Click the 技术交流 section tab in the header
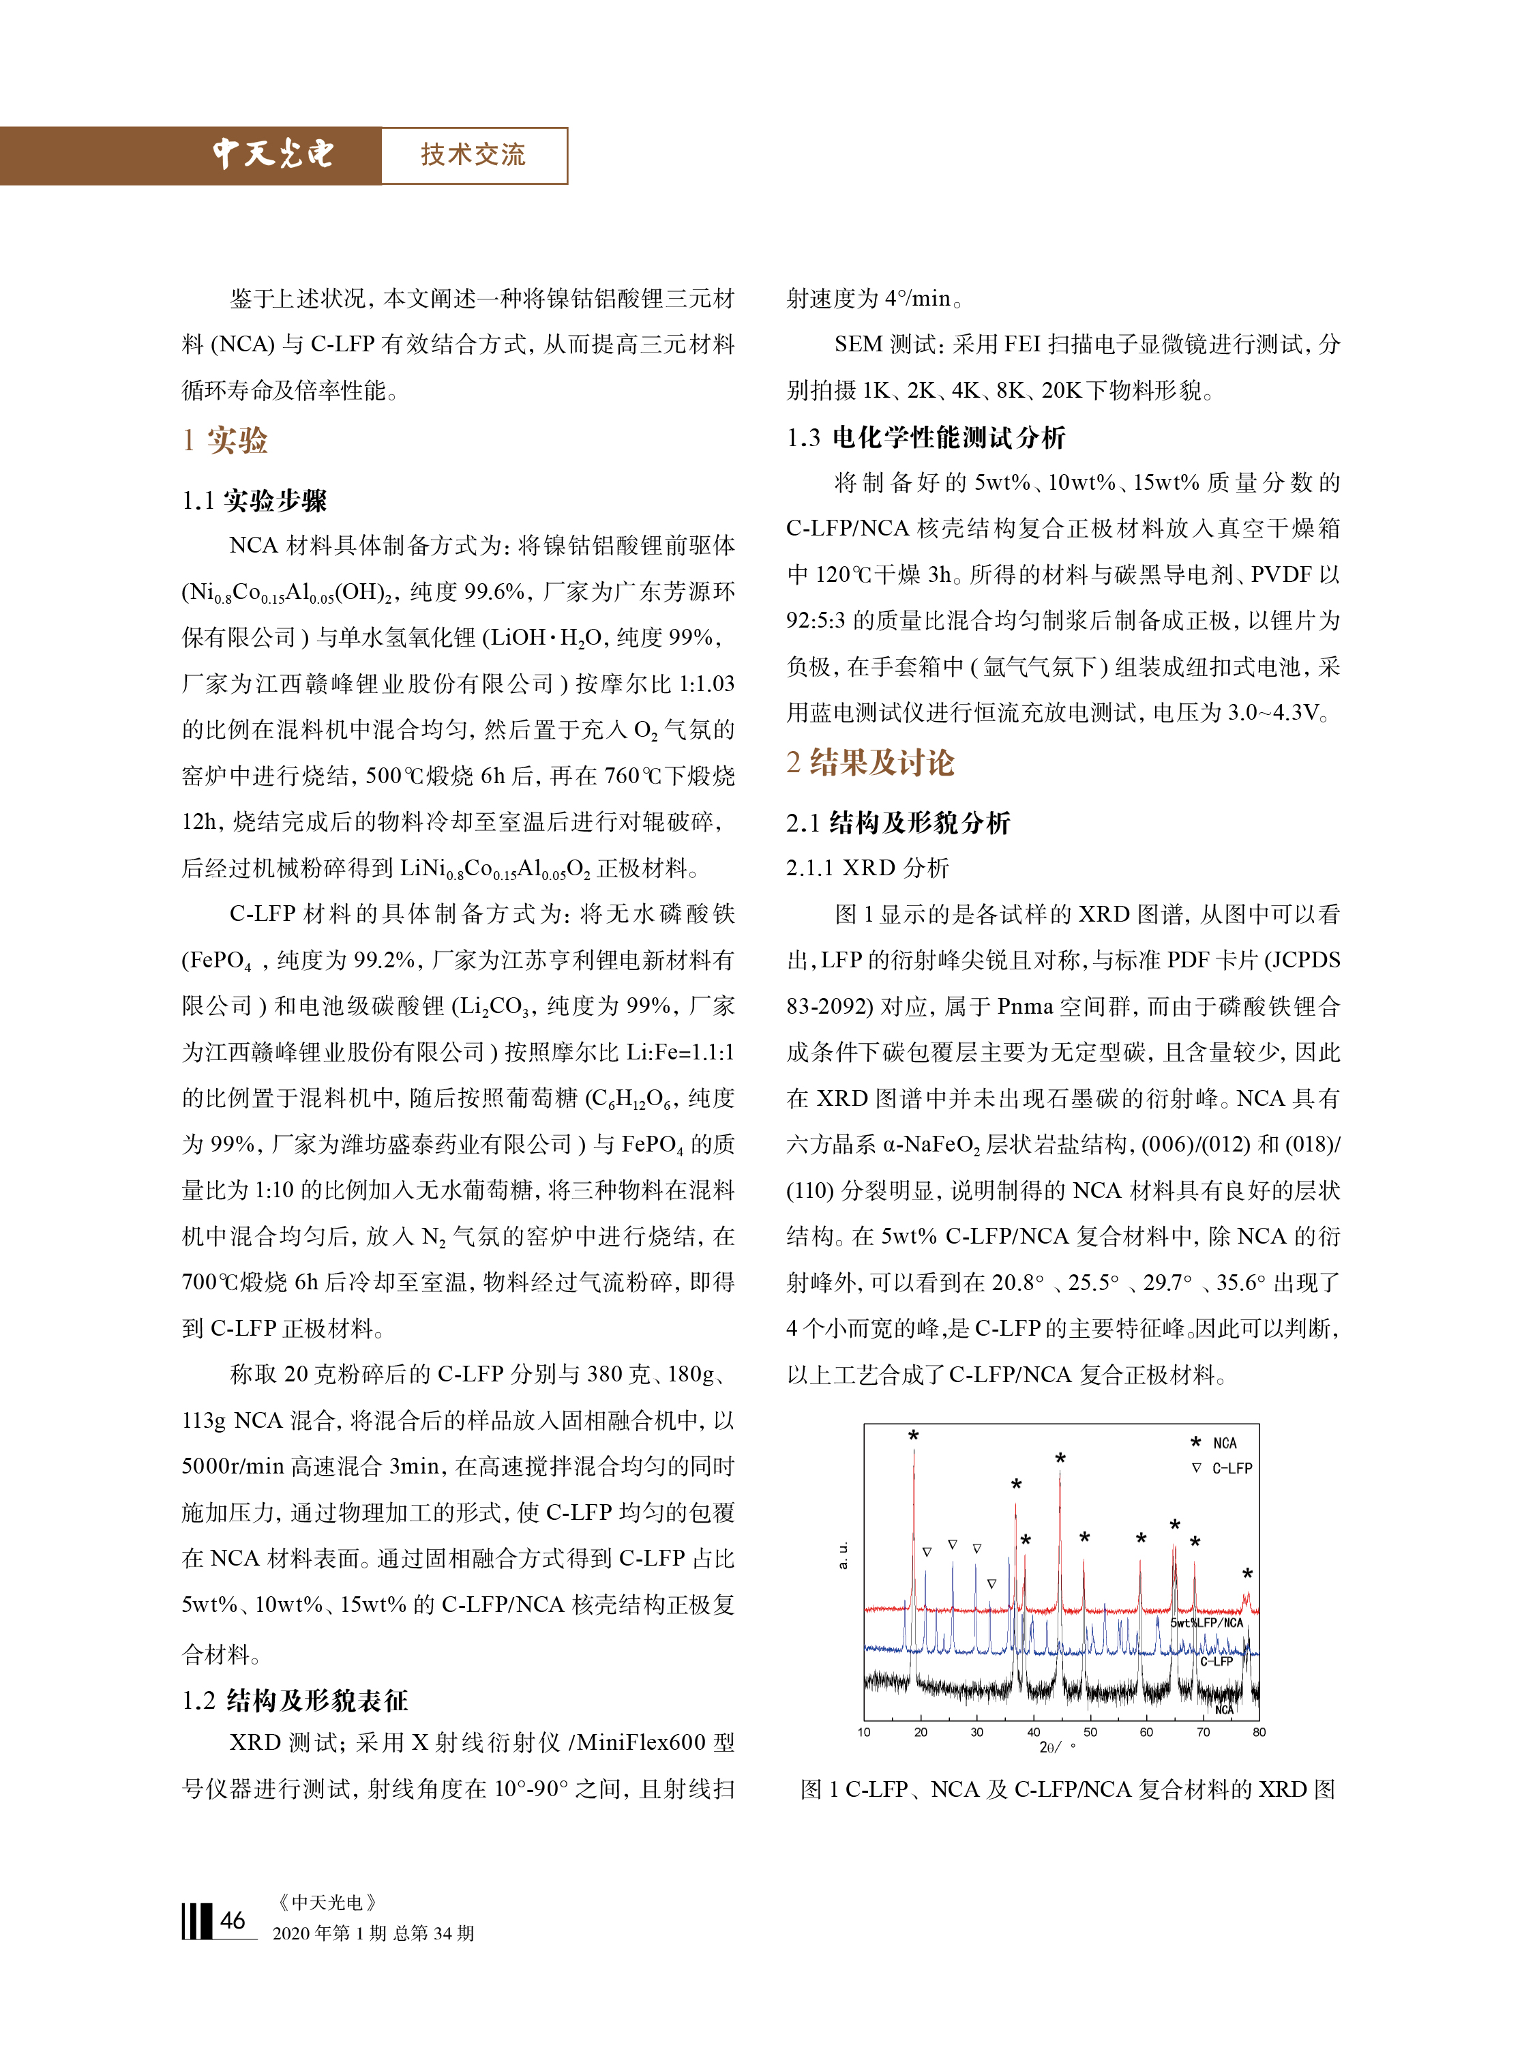(473, 155)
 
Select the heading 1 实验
(225, 441)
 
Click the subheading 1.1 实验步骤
(254, 501)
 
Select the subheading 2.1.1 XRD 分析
(866, 867)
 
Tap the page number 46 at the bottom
(232, 1920)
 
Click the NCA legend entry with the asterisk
(1214, 1442)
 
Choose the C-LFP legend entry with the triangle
(1223, 1468)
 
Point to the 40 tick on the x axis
(1034, 1731)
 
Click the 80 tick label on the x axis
(1259, 1731)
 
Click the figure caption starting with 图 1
(1067, 1789)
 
